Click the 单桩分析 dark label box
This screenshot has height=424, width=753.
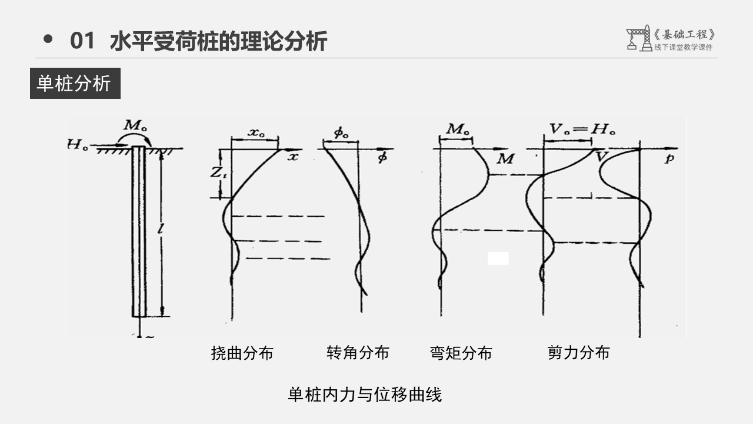pos(75,83)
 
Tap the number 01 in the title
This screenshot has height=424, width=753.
pos(82,41)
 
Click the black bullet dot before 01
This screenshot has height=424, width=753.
pos(48,39)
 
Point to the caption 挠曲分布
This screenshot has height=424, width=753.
pos(242,353)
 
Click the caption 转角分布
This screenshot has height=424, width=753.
pos(358,353)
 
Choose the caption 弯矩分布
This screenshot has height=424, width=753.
pos(461,353)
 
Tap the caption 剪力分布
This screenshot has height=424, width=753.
pos(578,353)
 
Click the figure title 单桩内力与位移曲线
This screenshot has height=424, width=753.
pos(365,394)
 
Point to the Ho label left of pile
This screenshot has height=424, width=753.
pos(77,144)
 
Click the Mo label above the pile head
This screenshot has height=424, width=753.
pos(134,125)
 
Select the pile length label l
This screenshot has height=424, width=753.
pos(160,230)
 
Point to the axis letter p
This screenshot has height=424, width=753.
pos(669,158)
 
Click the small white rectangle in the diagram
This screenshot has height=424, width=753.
pos(498,258)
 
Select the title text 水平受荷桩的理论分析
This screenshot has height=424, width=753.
pos(218,41)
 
